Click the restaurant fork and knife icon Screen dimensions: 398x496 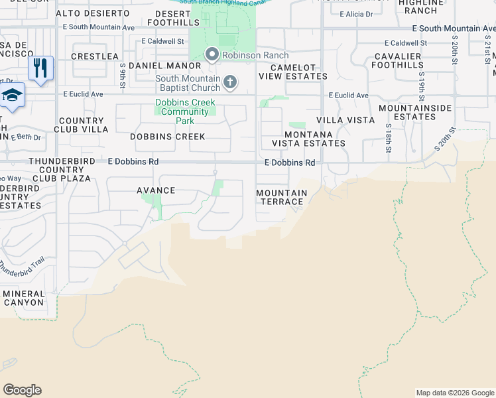coord(40,68)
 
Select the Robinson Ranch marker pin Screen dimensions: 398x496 coord(212,54)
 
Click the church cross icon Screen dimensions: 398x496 coord(230,82)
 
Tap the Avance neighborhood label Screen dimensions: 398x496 coord(156,190)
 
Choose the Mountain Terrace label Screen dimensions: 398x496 coord(282,197)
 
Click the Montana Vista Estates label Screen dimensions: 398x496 coord(308,139)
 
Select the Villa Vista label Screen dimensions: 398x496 coord(345,120)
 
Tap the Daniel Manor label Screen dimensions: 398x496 coord(164,66)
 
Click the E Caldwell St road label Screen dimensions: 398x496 coord(162,41)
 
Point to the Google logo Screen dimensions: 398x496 coord(22,390)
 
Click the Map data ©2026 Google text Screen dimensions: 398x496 coord(455,393)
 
